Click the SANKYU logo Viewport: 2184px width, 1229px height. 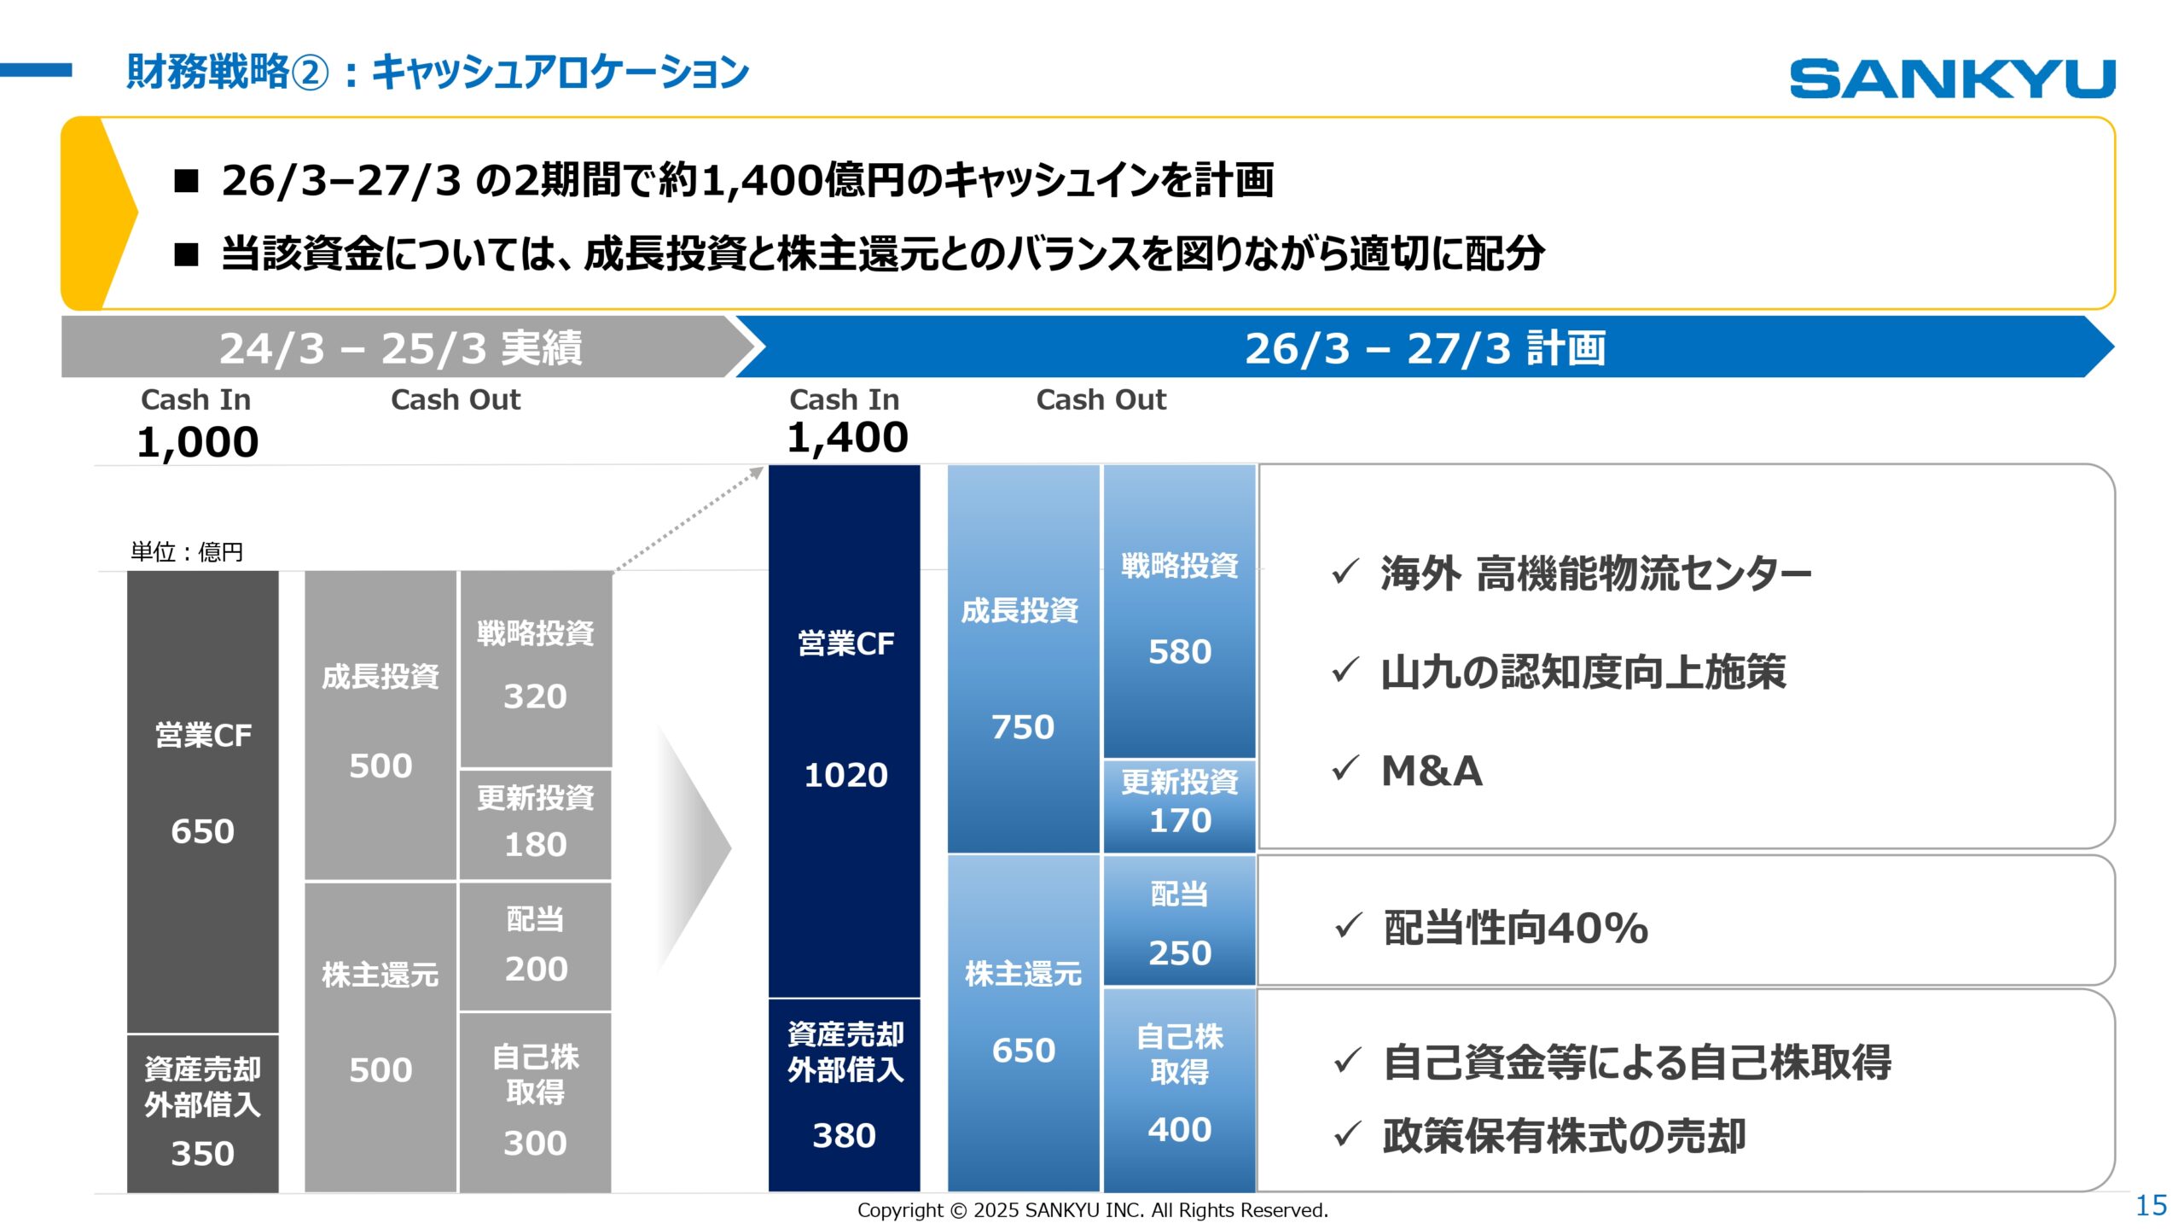(x=1952, y=79)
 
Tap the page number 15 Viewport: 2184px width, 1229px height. (x=2151, y=1205)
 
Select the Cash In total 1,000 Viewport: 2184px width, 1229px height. (x=197, y=442)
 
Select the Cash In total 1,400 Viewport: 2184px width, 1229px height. (x=847, y=438)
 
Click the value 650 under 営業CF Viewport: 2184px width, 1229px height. (x=202, y=831)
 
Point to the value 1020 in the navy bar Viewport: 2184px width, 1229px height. (x=845, y=775)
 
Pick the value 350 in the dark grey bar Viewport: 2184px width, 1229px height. (x=202, y=1153)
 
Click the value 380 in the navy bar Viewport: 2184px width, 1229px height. (x=844, y=1135)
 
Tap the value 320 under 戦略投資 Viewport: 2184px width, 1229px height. (x=535, y=696)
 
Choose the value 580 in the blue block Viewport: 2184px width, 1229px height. (x=1180, y=652)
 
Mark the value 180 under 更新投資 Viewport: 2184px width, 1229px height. (x=535, y=844)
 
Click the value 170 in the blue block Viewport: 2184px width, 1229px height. (x=1180, y=820)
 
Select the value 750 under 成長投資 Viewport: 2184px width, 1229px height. (x=1023, y=727)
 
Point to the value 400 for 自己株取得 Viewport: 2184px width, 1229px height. (x=1180, y=1129)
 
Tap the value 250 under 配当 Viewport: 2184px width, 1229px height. (x=1180, y=952)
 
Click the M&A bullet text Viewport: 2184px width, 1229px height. (x=1432, y=772)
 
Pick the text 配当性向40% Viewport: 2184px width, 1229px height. (x=1515, y=929)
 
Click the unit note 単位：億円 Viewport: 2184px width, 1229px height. (x=186, y=552)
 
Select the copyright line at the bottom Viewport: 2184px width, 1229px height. (x=1092, y=1210)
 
